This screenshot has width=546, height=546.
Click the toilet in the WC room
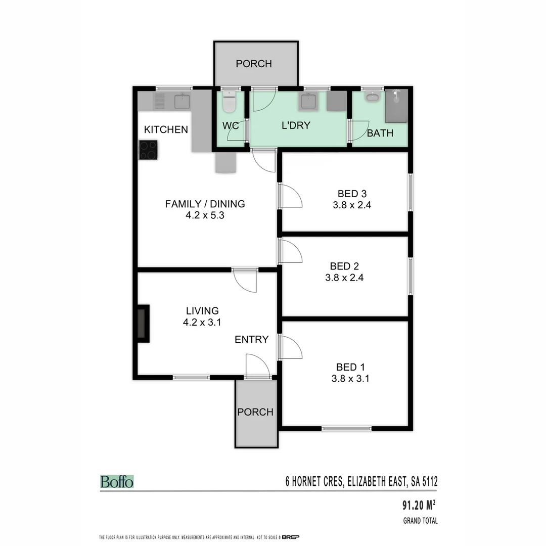229,102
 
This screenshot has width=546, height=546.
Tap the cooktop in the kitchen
148,150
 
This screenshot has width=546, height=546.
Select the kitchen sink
182,102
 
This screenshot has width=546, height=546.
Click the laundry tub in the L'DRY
308,102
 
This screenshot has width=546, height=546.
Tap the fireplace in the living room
143,323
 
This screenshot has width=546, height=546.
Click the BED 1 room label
350,367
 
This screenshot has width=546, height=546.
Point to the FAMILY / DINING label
205,204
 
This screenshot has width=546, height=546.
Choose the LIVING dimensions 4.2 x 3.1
202,323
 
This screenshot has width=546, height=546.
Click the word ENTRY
251,340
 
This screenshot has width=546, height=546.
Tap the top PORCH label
254,64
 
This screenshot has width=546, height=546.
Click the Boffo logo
117,481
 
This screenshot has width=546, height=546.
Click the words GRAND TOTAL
420,521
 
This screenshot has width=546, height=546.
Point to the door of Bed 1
290,348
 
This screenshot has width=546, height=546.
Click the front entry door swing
257,366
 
